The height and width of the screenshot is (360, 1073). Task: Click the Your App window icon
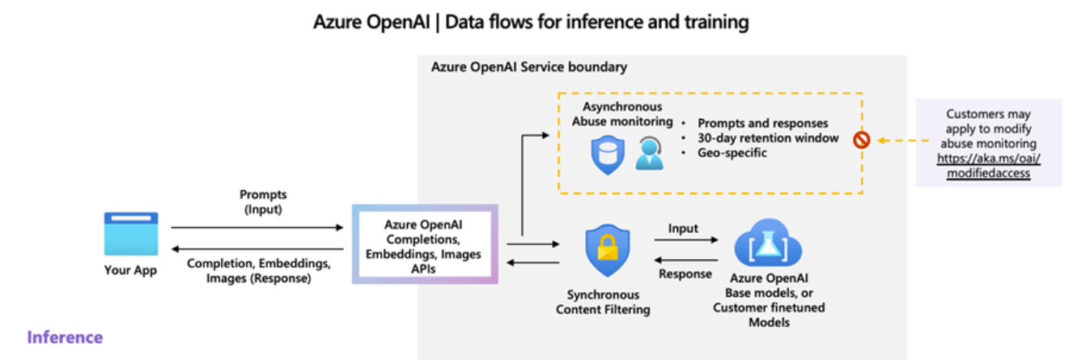pos(131,234)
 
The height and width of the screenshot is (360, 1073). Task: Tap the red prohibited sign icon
pos(861,140)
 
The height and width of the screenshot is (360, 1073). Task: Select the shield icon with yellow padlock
pos(608,250)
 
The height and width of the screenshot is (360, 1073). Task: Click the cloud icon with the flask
pos(768,244)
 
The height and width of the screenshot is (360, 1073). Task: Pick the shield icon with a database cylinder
pos(608,155)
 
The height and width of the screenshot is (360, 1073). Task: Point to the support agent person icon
pos(649,153)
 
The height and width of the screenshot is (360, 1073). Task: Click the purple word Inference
pos(65,337)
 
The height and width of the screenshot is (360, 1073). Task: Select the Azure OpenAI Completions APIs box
pos(425,244)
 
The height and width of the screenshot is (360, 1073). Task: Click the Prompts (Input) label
pos(263,201)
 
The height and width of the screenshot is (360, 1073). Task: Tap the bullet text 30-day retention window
pos(768,138)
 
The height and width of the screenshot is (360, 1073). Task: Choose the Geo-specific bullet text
pos(732,153)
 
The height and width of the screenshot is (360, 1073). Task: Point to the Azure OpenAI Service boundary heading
pos(529,67)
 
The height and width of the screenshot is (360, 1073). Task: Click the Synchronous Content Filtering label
pos(603,302)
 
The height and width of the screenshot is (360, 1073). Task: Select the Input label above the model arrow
pos(683,228)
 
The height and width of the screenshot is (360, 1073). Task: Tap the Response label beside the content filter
pos(685,273)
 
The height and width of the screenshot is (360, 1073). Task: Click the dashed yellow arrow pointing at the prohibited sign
pos(903,140)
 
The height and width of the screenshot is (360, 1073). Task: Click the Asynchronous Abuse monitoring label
pos(622,114)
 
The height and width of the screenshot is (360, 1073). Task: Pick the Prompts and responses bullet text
pos(762,123)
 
